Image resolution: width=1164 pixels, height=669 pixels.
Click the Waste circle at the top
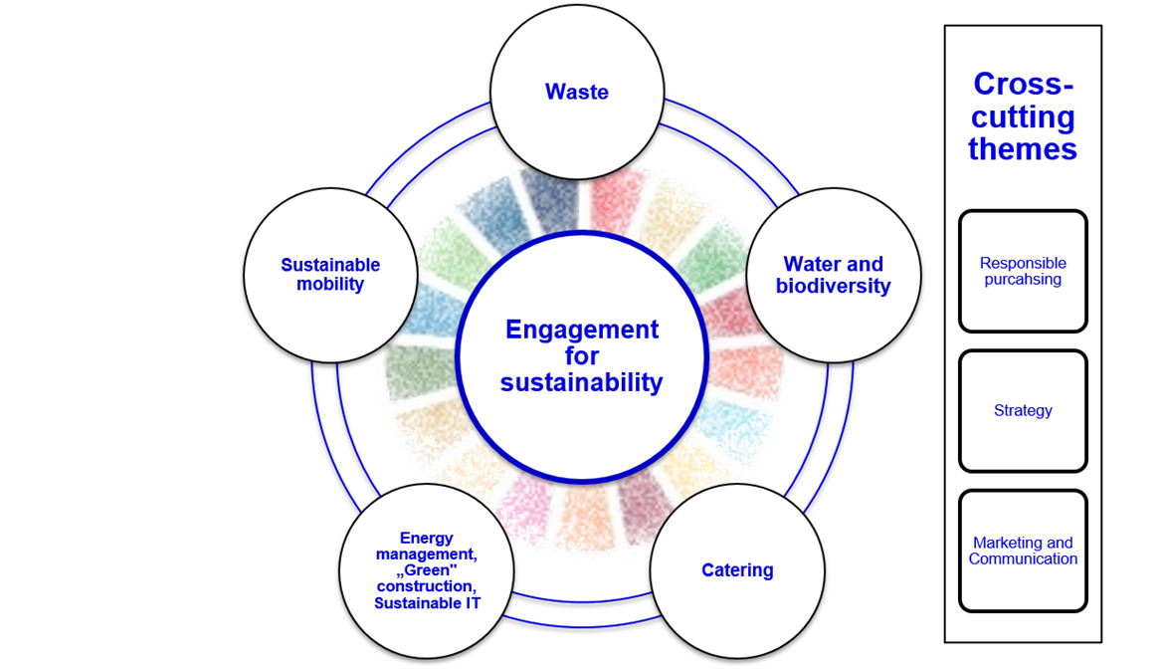pyautogui.click(x=577, y=92)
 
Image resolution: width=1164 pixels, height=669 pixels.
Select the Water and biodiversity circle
pyautogui.click(x=833, y=276)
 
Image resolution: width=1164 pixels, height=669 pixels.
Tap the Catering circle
pyautogui.click(x=737, y=570)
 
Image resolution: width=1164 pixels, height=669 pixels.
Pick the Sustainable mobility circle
pyautogui.click(x=330, y=275)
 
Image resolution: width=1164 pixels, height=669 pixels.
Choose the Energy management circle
pyautogui.click(x=427, y=570)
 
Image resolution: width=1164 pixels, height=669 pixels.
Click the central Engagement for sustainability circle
pyautogui.click(x=582, y=356)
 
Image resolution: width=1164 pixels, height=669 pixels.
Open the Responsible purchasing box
pyautogui.click(x=1023, y=271)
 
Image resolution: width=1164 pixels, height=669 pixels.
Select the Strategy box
pyautogui.click(x=1023, y=410)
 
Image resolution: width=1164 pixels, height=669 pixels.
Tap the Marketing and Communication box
pyautogui.click(x=1023, y=551)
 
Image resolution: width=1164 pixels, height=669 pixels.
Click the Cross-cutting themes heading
pyautogui.click(x=1023, y=116)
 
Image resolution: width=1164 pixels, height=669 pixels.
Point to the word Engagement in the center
pyautogui.click(x=582, y=330)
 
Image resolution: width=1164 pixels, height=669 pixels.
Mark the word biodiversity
pyautogui.click(x=833, y=287)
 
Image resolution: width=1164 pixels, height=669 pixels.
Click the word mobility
pyautogui.click(x=330, y=285)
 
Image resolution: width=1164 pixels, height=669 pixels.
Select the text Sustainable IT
pyautogui.click(x=427, y=603)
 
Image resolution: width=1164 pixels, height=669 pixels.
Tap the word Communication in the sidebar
pyautogui.click(x=1023, y=559)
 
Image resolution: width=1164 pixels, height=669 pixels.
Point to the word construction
pyautogui.click(x=427, y=586)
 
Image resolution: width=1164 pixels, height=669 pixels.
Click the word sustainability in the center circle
pyautogui.click(x=582, y=382)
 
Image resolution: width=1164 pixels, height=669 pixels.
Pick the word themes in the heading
pyautogui.click(x=1023, y=149)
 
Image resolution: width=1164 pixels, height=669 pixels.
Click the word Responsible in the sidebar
pyautogui.click(x=1023, y=263)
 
